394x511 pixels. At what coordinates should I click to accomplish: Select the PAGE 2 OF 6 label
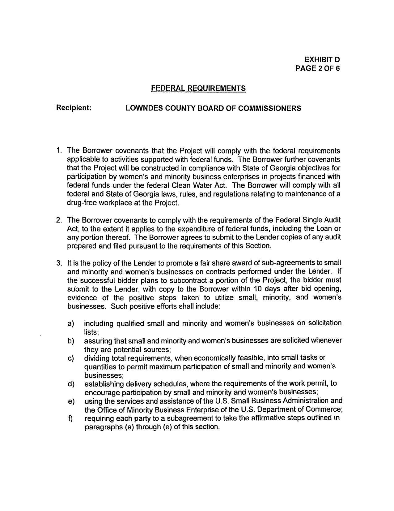click(317, 68)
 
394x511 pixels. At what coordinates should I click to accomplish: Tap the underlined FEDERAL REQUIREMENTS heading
click(198, 89)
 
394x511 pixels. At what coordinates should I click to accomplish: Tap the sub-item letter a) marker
click(71, 324)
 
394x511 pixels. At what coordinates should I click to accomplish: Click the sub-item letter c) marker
click(71, 358)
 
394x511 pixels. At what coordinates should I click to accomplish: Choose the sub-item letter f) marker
click(70, 418)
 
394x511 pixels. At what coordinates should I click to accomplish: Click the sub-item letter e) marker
click(71, 401)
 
